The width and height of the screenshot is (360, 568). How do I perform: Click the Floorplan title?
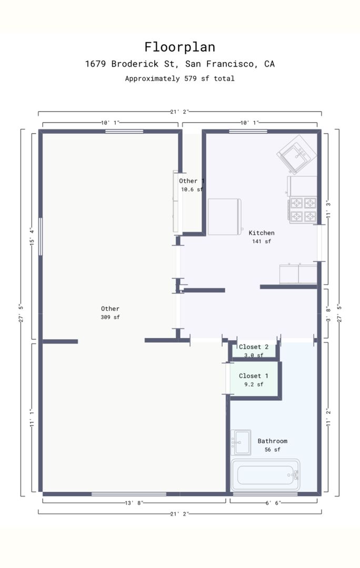pos(180,47)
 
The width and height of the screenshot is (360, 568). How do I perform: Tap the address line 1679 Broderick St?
pos(180,64)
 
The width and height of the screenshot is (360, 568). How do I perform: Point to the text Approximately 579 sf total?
pos(180,78)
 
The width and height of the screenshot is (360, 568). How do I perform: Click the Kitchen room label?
pos(262,233)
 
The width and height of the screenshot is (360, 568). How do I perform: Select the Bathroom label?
pos(272,441)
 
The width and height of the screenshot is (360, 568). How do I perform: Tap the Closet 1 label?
pos(253,376)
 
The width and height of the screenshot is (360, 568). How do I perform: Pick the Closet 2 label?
pos(253,347)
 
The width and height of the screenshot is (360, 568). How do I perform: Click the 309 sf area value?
pos(110,317)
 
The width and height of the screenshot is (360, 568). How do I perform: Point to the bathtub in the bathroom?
pos(265,475)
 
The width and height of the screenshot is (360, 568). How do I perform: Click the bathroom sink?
pos(241,442)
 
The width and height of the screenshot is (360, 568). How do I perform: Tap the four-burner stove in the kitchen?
pos(303,210)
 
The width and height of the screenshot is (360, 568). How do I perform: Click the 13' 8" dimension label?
pos(134,503)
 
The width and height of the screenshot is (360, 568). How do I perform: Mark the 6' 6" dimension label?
pos(273,503)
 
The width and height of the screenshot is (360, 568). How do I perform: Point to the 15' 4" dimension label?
pos(32,237)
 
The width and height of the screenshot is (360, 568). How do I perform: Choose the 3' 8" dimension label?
pos(328,314)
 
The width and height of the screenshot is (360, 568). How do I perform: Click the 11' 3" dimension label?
pos(328,209)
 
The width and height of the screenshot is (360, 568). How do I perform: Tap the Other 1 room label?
pos(192,181)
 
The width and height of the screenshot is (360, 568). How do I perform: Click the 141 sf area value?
pos(262,241)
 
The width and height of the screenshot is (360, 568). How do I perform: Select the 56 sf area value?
pos(272,450)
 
